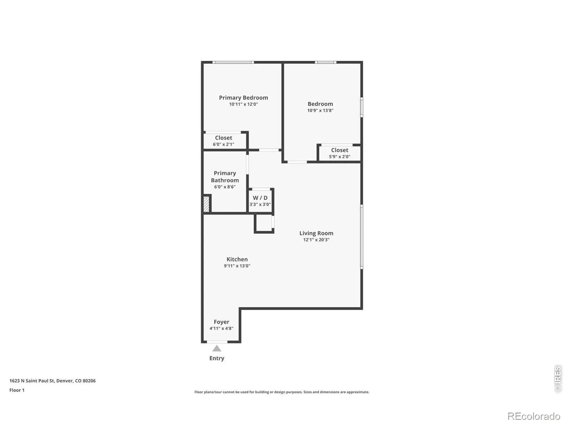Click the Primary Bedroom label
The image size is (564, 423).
243,98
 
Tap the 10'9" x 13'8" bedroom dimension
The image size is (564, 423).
320,110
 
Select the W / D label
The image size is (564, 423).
260,198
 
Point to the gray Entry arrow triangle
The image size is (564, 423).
216,348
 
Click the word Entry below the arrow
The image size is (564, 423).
216,358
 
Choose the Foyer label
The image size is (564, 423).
221,322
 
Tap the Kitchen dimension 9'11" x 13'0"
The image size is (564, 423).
237,266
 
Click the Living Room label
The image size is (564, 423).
316,233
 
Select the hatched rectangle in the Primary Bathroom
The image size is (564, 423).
206,204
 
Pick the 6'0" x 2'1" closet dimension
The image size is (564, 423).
223,144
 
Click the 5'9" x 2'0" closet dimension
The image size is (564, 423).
339,157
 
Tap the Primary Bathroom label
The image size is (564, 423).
225,177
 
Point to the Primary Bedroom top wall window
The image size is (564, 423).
233,62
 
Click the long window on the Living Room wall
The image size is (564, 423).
362,237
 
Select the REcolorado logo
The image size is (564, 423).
534,416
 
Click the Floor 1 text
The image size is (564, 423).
17,390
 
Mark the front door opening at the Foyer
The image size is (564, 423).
217,342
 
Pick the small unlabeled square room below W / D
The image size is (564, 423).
264,224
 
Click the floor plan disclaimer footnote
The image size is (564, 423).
282,392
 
